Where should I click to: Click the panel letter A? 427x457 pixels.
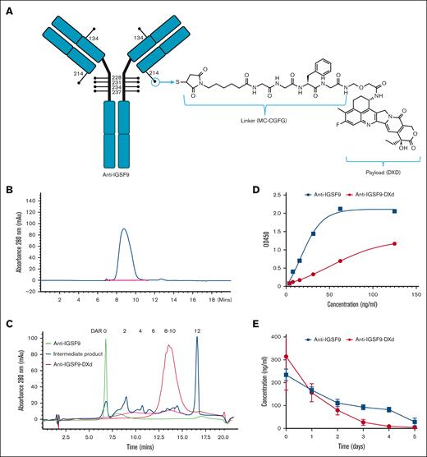tap(8, 8)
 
